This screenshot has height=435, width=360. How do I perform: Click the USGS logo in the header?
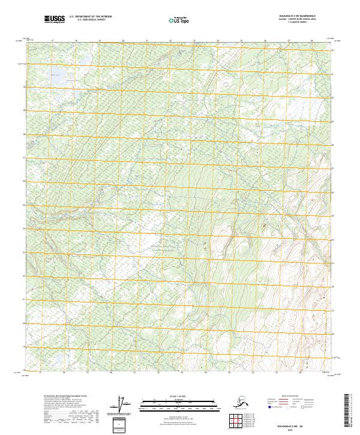pos(54,19)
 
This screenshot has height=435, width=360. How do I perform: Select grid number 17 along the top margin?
pos(53,41)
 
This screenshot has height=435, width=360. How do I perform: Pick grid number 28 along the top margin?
pos(311,41)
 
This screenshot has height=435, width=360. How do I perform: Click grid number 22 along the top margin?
pos(170,41)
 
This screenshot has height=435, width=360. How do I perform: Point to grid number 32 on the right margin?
pos(334,50)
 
